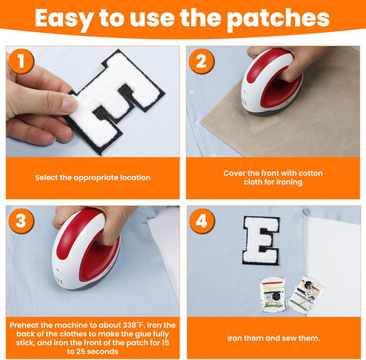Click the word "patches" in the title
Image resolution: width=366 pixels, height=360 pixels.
(279, 19)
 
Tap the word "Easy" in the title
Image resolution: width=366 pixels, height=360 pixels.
(64, 19)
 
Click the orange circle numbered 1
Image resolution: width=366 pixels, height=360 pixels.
(21, 61)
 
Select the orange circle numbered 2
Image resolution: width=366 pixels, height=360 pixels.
(201, 61)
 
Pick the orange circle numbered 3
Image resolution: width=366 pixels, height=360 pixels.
(21, 221)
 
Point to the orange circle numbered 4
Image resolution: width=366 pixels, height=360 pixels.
(202, 221)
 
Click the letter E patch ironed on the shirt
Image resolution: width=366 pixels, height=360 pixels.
(261, 241)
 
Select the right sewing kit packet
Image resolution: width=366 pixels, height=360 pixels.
(304, 294)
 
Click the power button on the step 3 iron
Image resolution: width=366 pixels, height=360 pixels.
(58, 271)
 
